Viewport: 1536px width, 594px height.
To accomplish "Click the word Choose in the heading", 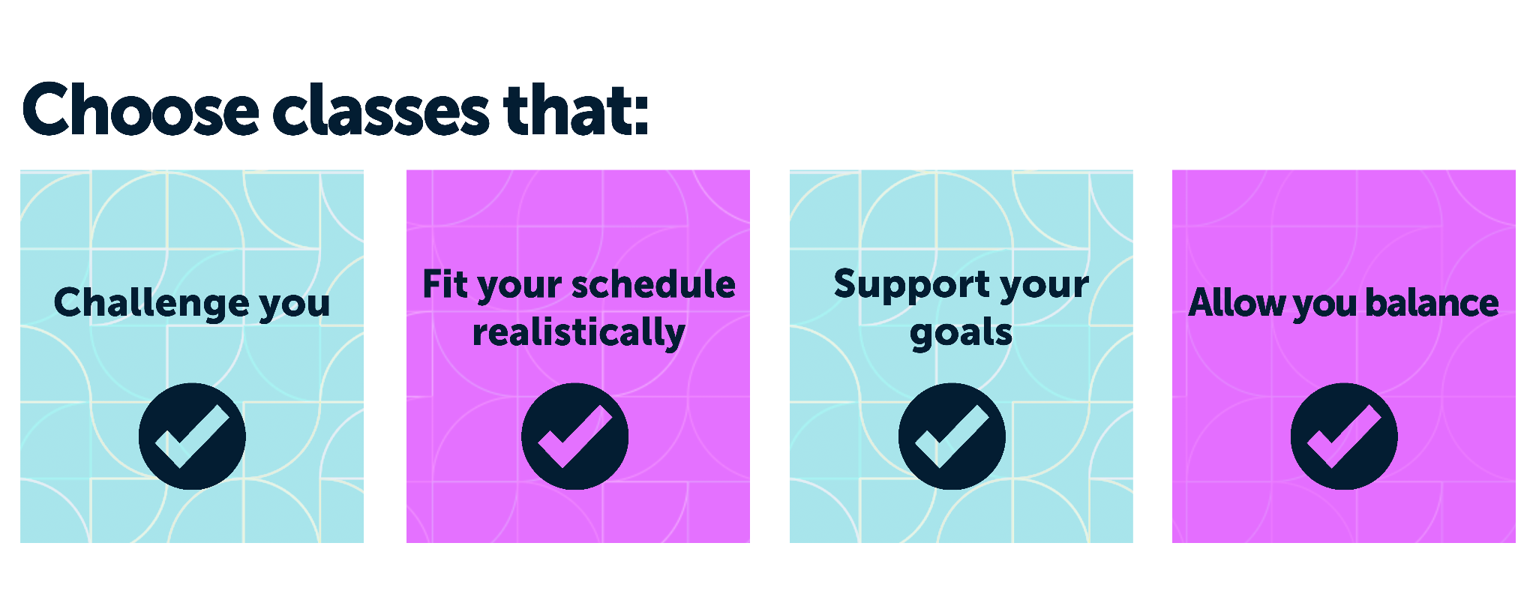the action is (141, 109).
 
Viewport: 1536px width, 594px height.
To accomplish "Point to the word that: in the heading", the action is (576, 109).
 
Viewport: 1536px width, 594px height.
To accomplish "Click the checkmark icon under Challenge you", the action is (192, 436).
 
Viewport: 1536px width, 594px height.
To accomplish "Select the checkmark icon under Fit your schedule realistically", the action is (575, 436).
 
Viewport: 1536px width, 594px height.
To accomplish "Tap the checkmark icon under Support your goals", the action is (952, 436).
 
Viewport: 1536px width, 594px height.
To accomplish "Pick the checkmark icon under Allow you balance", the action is (1344, 436).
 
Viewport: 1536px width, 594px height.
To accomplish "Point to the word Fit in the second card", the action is (445, 284).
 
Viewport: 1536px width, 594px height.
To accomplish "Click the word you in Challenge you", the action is (295, 306).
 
